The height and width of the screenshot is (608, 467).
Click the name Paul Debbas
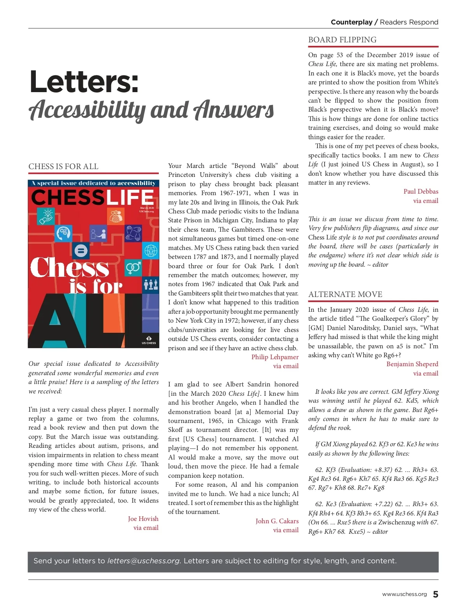[421, 191]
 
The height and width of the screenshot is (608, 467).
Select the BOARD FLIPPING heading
[342, 40]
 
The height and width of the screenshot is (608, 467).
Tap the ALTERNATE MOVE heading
[345, 294]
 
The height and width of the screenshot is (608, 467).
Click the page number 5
[435, 594]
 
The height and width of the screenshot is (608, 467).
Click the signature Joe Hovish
[143, 519]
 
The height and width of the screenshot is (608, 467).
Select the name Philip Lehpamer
[275, 357]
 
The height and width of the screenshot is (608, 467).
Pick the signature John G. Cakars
[277, 521]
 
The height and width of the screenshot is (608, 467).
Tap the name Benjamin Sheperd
[412, 364]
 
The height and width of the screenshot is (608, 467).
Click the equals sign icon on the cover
[81, 250]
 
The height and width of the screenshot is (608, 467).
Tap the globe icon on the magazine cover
[151, 250]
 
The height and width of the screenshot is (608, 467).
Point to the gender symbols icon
[133, 267]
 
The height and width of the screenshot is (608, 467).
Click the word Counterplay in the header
[351, 22]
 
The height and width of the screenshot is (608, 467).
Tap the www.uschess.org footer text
[404, 594]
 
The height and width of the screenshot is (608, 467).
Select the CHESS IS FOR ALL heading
[63, 166]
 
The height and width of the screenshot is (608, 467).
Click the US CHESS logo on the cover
[149, 340]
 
